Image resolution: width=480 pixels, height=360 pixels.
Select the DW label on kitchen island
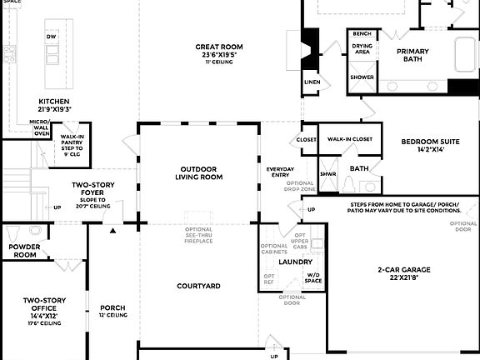52,37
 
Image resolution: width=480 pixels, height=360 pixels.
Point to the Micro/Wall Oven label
41,127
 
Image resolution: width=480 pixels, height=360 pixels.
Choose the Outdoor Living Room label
198,172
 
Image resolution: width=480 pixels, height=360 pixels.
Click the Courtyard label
198,286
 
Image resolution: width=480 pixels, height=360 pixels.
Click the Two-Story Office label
44,300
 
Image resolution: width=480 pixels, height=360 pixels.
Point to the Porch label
112,307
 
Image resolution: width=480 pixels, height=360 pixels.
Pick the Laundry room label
295,262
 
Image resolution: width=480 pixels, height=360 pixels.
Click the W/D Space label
313,277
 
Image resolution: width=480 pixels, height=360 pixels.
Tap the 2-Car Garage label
403,269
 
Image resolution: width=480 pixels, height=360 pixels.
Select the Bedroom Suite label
429,142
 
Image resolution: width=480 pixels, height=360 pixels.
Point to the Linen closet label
312,82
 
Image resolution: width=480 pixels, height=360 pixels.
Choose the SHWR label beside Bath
327,173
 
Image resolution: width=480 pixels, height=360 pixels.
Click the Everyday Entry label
280,172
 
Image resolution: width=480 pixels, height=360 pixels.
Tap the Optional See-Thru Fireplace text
198,235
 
